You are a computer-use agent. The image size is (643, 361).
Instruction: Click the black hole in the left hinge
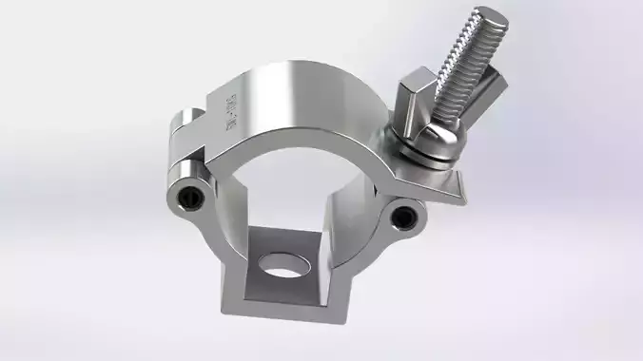tap(189, 198)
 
